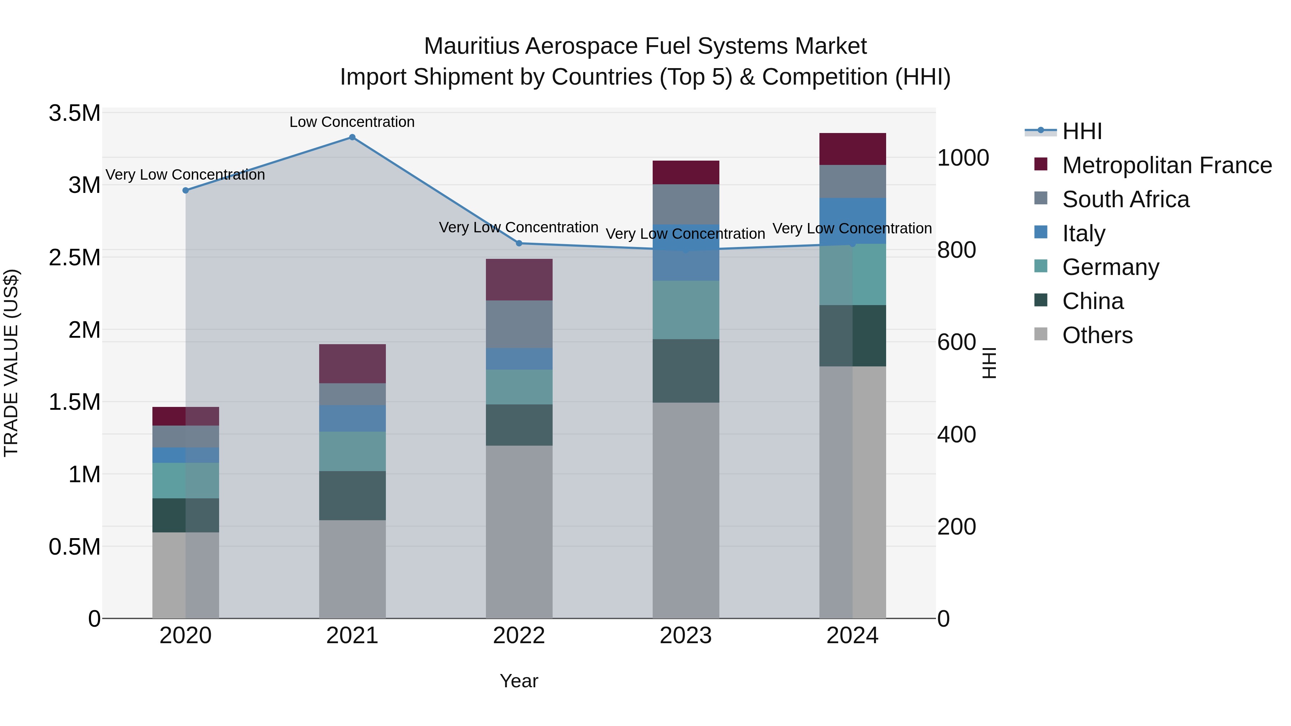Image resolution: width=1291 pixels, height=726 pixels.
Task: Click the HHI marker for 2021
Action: tap(352, 137)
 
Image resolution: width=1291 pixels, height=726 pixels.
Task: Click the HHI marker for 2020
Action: tap(185, 190)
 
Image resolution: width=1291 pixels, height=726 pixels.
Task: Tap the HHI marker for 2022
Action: tap(519, 243)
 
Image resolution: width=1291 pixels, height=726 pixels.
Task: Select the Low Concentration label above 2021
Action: tap(352, 122)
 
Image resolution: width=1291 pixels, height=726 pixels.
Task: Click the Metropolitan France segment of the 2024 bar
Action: tap(852, 149)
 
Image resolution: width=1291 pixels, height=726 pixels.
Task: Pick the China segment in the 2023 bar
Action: tap(686, 371)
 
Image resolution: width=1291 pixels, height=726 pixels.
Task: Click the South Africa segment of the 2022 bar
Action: tap(519, 324)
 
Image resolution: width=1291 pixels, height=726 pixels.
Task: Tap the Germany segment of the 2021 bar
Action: tap(352, 451)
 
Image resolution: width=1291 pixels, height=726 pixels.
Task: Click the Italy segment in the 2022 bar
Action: tap(519, 359)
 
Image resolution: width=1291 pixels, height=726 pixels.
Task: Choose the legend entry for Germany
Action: tap(1110, 267)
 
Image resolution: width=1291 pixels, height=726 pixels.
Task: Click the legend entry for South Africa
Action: tap(1125, 199)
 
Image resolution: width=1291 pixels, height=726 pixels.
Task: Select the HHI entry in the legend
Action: tap(1082, 131)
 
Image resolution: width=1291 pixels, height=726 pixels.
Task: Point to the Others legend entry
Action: tap(1097, 335)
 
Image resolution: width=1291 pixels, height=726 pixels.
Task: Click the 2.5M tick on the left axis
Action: tap(74, 257)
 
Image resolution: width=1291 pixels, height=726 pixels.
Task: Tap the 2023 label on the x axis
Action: tap(686, 636)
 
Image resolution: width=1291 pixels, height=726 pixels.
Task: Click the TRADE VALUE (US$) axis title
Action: tap(11, 363)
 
